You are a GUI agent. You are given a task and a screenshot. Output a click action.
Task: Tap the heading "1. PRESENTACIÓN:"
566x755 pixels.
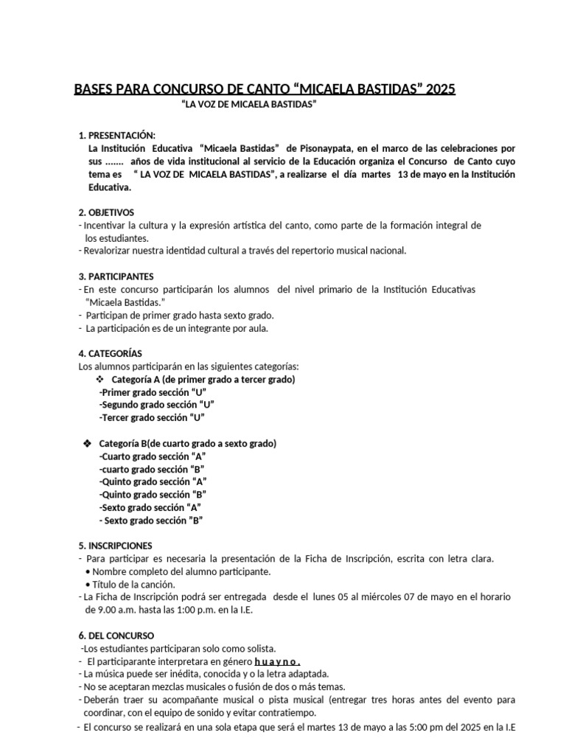117,136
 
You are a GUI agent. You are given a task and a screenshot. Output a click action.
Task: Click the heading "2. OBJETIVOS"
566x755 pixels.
107,212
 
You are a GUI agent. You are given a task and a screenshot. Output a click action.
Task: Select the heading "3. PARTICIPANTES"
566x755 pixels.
116,276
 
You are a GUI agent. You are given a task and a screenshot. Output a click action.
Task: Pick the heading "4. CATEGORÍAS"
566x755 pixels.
111,353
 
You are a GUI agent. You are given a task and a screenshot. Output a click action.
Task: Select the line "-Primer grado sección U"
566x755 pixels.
153,392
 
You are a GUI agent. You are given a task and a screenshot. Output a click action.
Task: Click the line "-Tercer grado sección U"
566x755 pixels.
151,417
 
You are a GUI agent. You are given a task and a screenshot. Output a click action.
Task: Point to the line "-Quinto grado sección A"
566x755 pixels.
153,481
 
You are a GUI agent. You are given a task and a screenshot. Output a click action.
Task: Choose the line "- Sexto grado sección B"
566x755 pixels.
151,521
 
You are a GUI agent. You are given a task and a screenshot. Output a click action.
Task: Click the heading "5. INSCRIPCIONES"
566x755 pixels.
115,546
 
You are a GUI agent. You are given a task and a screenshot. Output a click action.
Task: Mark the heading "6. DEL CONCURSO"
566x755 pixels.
116,636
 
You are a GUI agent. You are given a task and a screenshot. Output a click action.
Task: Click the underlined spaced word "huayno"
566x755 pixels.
278,661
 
